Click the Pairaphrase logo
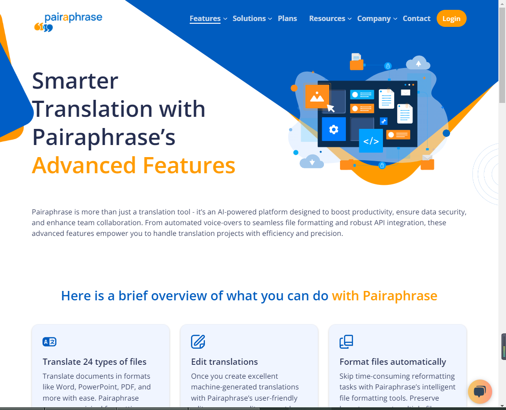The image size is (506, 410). tap(68, 22)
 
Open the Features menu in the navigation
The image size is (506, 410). tap(208, 19)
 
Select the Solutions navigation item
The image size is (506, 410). tap(252, 19)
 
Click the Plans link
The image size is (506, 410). tap(287, 19)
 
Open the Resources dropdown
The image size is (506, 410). tap(330, 19)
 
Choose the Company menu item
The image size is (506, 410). tap(377, 19)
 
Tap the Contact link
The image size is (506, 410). tap(416, 19)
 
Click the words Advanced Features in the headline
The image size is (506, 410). tap(134, 165)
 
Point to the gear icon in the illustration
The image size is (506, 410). tap(334, 129)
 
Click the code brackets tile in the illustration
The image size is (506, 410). tap(371, 141)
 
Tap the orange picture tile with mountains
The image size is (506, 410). tap(317, 97)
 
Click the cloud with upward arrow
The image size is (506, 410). tap(418, 63)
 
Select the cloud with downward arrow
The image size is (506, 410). tap(312, 162)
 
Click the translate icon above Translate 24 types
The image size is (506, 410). tap(49, 342)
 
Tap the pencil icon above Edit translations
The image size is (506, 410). tap(198, 342)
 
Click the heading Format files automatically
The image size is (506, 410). tap(393, 362)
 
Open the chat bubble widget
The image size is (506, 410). tap(480, 392)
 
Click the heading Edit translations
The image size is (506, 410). tap(224, 362)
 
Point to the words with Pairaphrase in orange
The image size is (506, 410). tap(384, 296)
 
